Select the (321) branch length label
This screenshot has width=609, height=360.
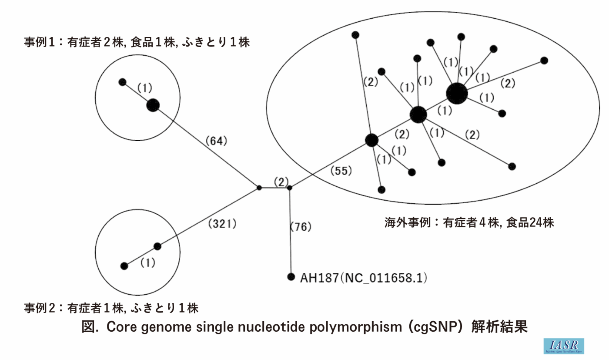[x=222, y=224]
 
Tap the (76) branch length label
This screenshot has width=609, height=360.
[x=301, y=227]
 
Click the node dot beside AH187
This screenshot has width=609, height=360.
[x=291, y=277]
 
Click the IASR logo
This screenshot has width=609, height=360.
[x=563, y=346]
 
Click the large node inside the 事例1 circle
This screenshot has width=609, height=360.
[x=153, y=105]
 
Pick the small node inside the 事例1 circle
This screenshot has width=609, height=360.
[x=123, y=82]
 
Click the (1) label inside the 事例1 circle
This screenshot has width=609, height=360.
[x=144, y=88]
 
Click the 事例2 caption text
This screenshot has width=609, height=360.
[x=111, y=308]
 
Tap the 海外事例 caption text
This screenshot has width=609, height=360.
[x=468, y=223]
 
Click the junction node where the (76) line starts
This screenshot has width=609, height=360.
[x=290, y=188]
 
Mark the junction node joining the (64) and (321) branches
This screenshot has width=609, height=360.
[x=259, y=188]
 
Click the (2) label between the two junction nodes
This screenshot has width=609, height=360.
[x=281, y=182]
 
